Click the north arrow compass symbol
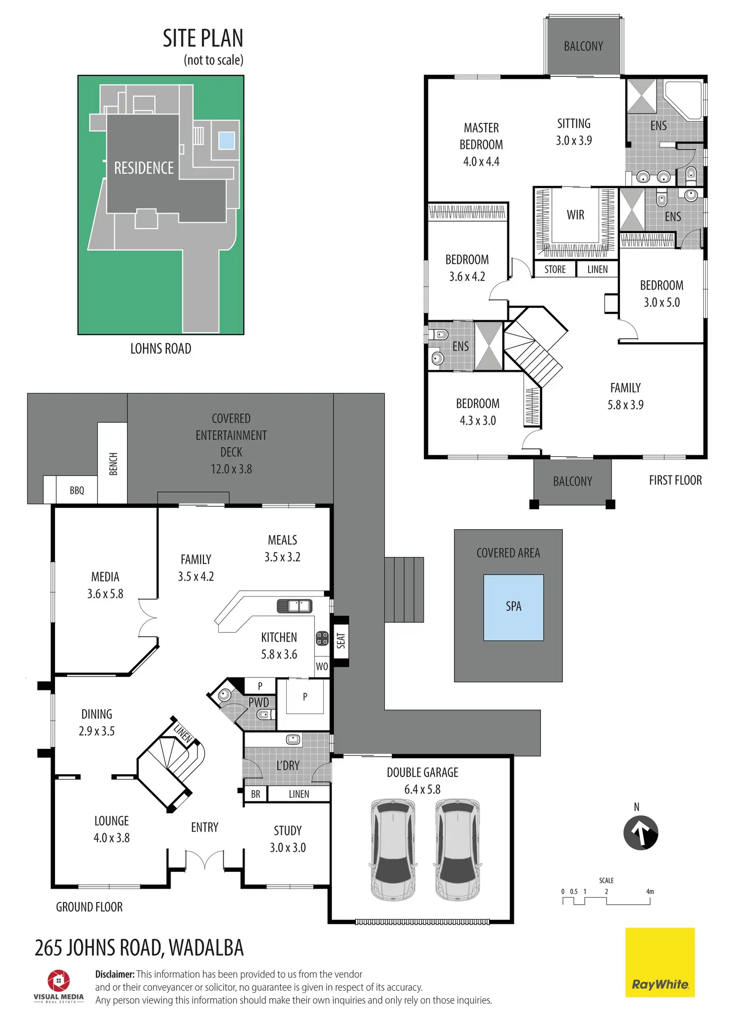(x=640, y=833)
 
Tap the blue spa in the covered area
(x=513, y=607)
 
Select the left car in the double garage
(x=393, y=849)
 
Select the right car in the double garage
(x=457, y=849)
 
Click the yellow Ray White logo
(x=660, y=962)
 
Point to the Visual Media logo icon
(x=59, y=980)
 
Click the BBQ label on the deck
(x=77, y=490)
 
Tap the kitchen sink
(x=294, y=606)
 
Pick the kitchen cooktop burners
(x=322, y=638)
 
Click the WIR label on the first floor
(x=575, y=215)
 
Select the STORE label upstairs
(x=555, y=269)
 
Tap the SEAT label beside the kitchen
(x=341, y=640)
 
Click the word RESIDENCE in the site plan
(x=144, y=168)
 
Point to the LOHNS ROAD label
(x=161, y=349)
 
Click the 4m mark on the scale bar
(x=650, y=891)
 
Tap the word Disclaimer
(x=115, y=974)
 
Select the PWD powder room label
(x=258, y=702)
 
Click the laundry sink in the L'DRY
(x=293, y=739)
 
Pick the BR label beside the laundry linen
(x=255, y=794)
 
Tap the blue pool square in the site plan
(x=227, y=140)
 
